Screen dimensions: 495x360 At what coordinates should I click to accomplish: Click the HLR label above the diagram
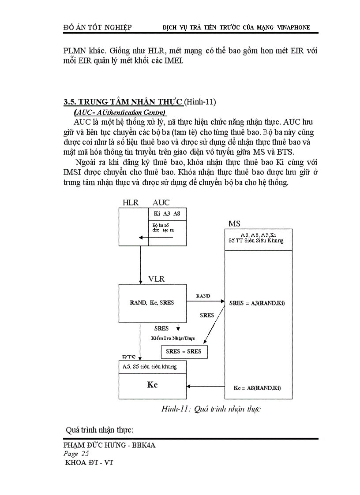tap(131, 203)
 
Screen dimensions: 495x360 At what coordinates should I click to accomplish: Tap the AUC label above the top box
tap(161, 203)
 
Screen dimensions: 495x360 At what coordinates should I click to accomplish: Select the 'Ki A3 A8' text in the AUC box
tap(167, 214)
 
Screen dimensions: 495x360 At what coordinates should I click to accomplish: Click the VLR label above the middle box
tap(157, 279)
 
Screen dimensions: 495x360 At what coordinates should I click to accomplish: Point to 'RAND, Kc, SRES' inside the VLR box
tap(152, 303)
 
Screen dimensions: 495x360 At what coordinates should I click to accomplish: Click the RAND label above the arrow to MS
tap(203, 296)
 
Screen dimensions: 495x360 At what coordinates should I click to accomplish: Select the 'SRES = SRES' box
tap(184, 351)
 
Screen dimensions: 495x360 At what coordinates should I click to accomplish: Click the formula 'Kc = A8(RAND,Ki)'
tap(257, 388)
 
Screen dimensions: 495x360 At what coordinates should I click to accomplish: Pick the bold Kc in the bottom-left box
tap(152, 384)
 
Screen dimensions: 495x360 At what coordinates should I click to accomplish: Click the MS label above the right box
tap(234, 224)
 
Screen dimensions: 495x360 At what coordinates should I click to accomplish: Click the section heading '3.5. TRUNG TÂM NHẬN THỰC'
tap(123, 102)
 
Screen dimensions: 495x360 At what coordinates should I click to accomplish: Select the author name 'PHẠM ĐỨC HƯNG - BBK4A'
tap(109, 445)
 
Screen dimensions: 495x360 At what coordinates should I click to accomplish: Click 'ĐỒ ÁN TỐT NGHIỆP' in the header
tap(97, 27)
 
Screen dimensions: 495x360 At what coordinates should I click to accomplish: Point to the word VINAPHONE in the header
tap(293, 27)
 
